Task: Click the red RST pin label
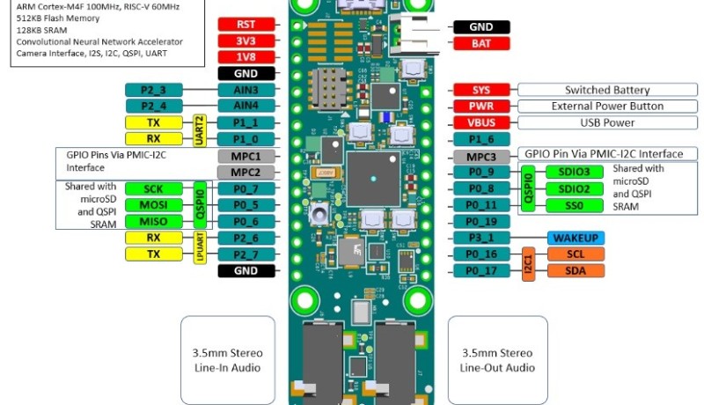click(247, 25)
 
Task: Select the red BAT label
click(480, 42)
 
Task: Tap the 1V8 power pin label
click(247, 57)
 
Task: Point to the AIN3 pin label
click(247, 90)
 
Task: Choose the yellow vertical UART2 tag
click(199, 130)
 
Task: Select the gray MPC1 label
click(247, 156)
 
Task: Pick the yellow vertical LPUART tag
click(199, 246)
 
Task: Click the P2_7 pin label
click(247, 254)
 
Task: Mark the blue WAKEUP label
click(576, 238)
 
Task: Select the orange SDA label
click(576, 270)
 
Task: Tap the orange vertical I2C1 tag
click(529, 262)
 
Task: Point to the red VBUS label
click(480, 122)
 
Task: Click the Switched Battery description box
click(606, 90)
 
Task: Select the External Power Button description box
click(606, 106)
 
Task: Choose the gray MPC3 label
click(480, 156)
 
